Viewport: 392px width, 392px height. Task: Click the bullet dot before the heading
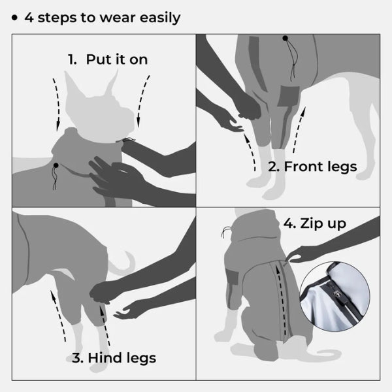(x=14, y=17)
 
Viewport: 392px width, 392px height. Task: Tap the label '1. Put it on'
(x=108, y=59)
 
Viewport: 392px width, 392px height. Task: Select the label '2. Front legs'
(x=312, y=167)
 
